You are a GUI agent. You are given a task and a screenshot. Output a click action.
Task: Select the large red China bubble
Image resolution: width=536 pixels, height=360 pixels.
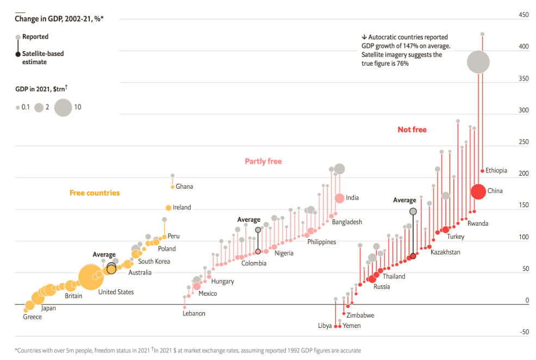(478, 191)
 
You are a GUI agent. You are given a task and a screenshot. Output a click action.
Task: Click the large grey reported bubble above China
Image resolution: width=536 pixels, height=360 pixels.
(478, 62)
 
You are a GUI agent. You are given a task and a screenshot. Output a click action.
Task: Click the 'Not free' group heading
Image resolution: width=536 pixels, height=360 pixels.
(412, 129)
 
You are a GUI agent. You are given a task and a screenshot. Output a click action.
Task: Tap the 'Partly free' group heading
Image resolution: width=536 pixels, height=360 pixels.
(263, 161)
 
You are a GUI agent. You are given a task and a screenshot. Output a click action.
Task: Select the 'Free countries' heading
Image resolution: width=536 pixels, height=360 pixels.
(95, 193)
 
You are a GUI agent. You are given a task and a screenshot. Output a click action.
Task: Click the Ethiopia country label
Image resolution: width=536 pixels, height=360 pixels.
(496, 171)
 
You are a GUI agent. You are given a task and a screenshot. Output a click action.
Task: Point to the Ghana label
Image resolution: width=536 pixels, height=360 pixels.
(184, 187)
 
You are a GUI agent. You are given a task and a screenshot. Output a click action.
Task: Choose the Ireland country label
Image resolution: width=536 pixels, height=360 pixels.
(182, 208)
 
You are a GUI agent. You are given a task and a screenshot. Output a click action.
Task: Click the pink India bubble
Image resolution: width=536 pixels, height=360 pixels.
(339, 198)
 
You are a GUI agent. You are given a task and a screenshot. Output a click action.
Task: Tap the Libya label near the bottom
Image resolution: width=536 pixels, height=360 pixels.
(325, 326)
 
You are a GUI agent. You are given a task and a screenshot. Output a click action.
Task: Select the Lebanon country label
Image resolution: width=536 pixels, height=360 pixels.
(194, 313)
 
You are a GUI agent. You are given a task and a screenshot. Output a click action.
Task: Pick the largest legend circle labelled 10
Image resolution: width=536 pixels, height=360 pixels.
(63, 107)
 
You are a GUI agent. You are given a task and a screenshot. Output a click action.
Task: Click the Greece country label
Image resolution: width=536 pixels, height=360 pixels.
(32, 317)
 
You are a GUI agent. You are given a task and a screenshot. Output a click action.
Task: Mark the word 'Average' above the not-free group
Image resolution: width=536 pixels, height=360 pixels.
(404, 200)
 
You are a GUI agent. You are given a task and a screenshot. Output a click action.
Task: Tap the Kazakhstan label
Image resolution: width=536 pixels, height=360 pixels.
(445, 252)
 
